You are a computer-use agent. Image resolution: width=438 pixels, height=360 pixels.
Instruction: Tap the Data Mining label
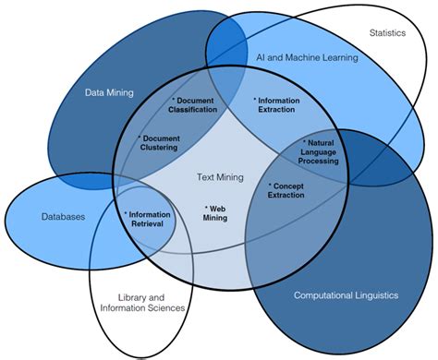(109, 92)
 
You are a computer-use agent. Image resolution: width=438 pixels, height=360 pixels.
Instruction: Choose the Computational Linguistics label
(345, 295)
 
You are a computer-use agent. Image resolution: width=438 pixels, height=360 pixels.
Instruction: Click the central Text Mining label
(220, 176)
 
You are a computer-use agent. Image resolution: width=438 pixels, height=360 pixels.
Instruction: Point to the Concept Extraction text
(292, 190)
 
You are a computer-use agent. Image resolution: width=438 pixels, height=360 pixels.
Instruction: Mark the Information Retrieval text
(148, 219)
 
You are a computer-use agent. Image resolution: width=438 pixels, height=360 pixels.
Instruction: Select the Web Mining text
(216, 213)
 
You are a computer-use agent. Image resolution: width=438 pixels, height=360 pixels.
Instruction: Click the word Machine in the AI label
(309, 58)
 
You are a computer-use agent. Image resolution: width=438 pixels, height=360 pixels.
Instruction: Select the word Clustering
(161, 147)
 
